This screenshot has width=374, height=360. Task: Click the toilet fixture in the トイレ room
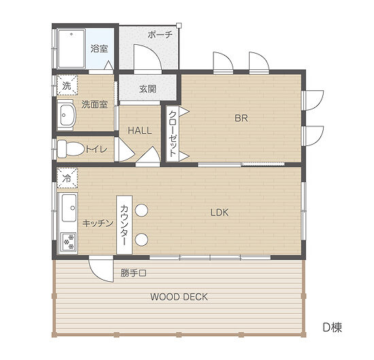pyautogui.click(x=71, y=149)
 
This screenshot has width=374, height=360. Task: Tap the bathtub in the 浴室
pyautogui.click(x=71, y=49)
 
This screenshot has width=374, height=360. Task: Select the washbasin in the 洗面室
pyautogui.click(x=67, y=115)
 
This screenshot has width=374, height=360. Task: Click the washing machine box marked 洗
pyautogui.click(x=67, y=86)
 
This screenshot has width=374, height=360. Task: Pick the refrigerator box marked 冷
pyautogui.click(x=67, y=178)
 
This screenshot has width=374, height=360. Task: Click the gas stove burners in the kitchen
pyautogui.click(x=69, y=242)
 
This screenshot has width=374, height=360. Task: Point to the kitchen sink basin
pyautogui.click(x=69, y=208)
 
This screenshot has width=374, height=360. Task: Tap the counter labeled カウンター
pyautogui.click(x=124, y=225)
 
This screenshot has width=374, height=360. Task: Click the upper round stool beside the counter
pyautogui.click(x=141, y=210)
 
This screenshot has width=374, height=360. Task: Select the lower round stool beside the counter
pyautogui.click(x=141, y=240)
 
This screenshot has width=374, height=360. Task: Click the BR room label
pyautogui.click(x=241, y=118)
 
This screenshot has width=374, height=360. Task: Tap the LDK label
pyautogui.click(x=220, y=213)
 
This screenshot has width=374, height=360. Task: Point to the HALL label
pyautogui.click(x=140, y=130)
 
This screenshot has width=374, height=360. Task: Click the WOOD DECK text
pyautogui.click(x=179, y=297)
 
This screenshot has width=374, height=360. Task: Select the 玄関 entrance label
pyautogui.click(x=148, y=89)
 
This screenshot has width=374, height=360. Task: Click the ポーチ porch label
pyautogui.click(x=160, y=35)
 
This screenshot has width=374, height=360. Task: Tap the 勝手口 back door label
pyautogui.click(x=133, y=273)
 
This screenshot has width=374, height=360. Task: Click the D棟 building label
pyautogui.click(x=333, y=327)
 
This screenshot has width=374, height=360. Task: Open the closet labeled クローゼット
pyautogui.click(x=173, y=134)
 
